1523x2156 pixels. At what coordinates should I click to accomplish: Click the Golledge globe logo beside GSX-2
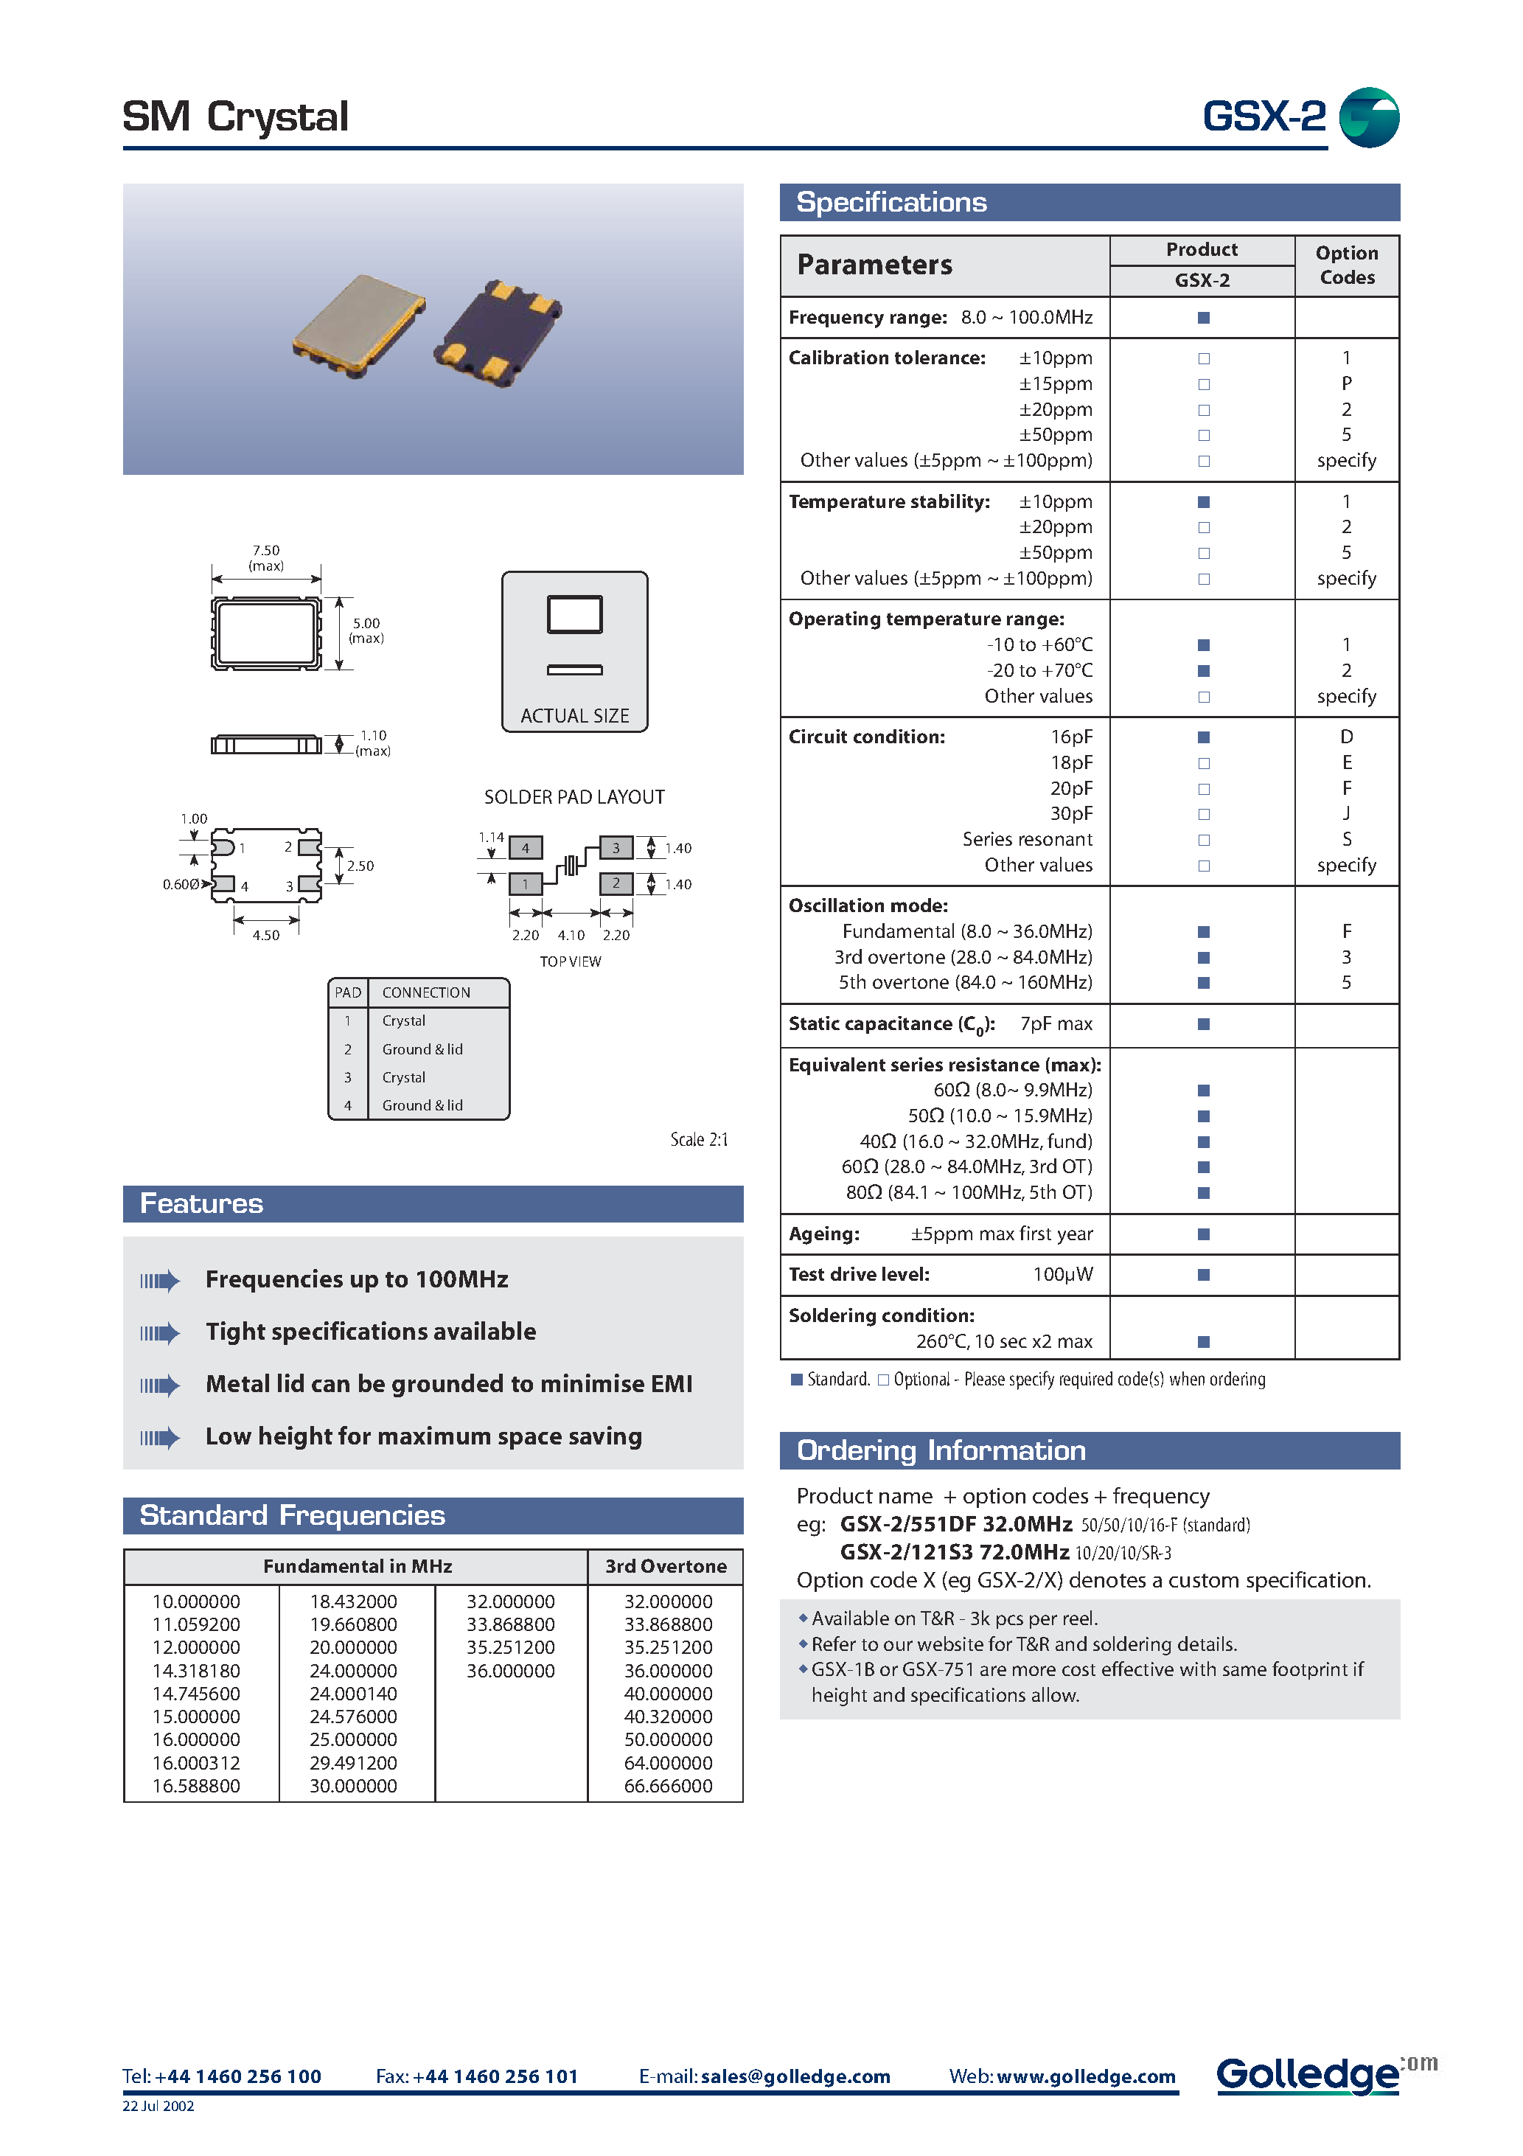pos(1368,117)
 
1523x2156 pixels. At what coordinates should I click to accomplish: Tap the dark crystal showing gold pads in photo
pos(498,333)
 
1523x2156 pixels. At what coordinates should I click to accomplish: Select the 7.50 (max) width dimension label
pos(265,557)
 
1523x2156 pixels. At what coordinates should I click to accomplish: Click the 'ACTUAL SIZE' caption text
pos(575,715)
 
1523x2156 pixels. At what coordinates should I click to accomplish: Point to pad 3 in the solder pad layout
pos(616,848)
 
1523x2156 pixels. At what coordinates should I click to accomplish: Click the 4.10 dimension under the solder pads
pos(571,935)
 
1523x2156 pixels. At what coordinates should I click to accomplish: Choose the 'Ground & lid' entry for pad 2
pos(422,1049)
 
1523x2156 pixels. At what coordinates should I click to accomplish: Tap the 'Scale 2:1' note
pos(699,1139)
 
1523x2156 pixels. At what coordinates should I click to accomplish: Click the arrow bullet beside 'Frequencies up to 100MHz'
pos(160,1280)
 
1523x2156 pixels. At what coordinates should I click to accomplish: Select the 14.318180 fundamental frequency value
pos(196,1671)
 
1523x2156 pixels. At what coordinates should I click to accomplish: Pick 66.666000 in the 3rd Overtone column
pos(668,1786)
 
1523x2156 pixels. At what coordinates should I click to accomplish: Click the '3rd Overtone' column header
pos(666,1566)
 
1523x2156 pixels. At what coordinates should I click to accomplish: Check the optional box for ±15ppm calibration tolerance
pos(1204,384)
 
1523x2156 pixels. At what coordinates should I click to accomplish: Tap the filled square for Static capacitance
pos(1204,1023)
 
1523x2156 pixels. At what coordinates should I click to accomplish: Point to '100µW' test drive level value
pos(1063,1274)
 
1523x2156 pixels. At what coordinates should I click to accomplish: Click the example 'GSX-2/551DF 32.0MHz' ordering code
pos(956,1524)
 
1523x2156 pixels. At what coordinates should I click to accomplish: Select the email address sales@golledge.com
pos(795,2076)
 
